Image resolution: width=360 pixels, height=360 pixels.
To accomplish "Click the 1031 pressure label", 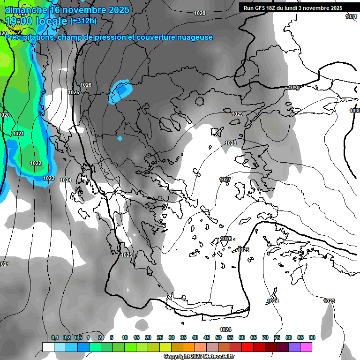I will pos(351,16).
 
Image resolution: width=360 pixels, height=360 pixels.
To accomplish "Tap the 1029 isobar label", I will pos(237,114).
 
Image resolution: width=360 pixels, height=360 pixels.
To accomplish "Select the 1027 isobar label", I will pos(225,180).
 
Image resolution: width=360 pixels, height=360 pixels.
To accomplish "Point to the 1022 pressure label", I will pos(36,163).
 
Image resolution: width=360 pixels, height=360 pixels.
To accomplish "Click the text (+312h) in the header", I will pos(83,21).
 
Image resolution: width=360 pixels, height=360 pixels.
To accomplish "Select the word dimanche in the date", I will pos(26,9).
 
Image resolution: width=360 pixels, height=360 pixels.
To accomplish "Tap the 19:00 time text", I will pos(19,21).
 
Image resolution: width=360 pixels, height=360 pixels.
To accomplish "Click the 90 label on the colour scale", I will pos(312,337).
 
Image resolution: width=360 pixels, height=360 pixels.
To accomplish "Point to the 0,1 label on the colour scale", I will pos(55,337).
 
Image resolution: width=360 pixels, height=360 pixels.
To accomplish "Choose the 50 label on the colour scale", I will pos(218,337).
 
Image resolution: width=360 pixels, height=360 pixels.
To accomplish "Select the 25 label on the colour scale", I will pos(160,337).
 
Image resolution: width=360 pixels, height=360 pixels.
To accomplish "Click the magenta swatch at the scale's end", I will pos(307,347).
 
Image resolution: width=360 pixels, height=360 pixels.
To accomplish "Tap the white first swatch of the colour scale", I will pos(48,347).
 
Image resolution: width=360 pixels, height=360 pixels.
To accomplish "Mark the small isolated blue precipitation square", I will pos(120,138).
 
